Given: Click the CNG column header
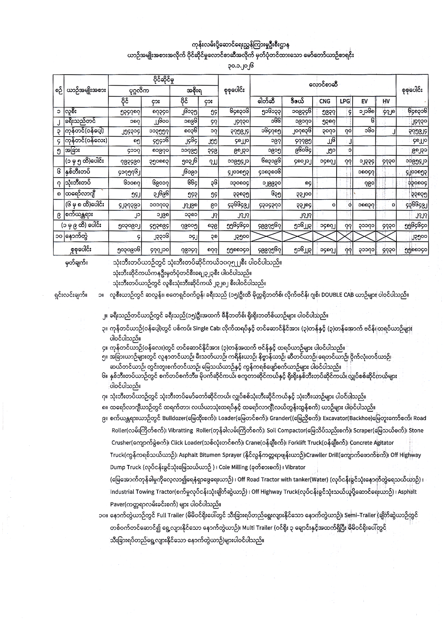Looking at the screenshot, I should (x=325, y=101).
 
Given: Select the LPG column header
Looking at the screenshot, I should (x=344, y=101).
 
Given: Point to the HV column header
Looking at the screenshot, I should (x=386, y=101).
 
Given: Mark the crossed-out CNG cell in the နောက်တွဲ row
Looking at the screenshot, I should (x=325, y=237).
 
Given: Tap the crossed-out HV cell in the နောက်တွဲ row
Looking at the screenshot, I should (x=386, y=237).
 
